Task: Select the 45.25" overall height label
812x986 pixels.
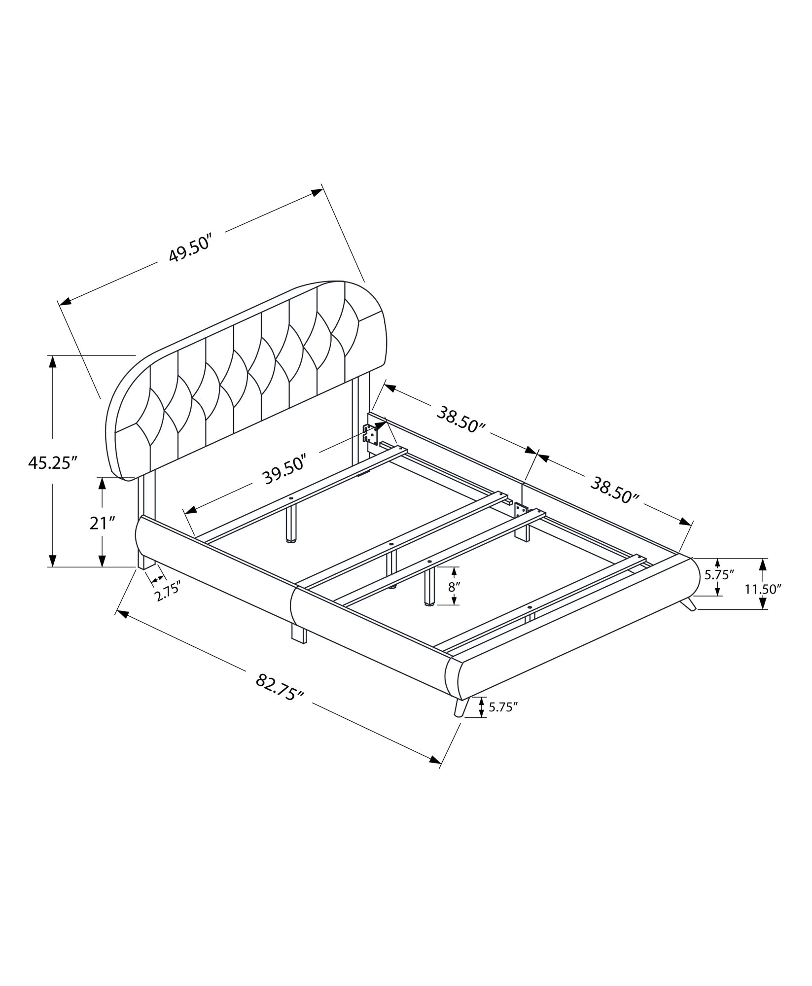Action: click(53, 463)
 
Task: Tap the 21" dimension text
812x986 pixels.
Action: click(102, 523)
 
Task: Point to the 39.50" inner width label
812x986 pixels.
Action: click(285, 469)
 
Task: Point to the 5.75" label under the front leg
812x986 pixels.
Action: click(503, 707)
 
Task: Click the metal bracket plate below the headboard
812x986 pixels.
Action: click(371, 435)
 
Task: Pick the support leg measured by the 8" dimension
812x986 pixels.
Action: click(430, 587)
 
